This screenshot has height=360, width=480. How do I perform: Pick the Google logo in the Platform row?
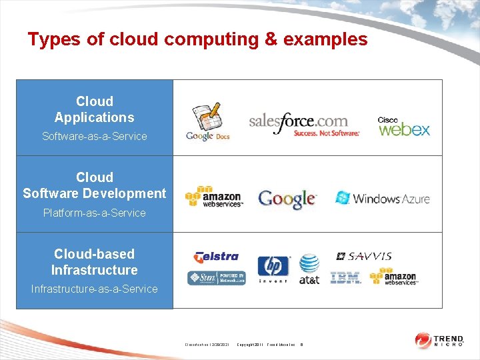(287, 199)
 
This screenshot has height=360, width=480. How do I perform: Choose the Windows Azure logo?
(383, 198)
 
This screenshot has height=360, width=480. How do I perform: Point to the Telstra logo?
(215, 257)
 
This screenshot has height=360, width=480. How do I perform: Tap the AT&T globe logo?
(309, 269)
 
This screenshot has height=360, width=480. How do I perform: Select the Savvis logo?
(364, 256)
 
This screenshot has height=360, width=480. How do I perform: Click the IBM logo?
(345, 277)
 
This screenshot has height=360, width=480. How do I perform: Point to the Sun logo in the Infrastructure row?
(216, 278)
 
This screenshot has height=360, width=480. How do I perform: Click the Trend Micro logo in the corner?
(441, 340)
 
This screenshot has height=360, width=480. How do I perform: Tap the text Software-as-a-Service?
(95, 136)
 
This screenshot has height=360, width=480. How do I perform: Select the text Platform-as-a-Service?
(95, 213)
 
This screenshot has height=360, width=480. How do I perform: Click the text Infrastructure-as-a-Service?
(95, 289)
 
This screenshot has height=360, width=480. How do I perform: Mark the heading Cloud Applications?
(95, 109)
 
